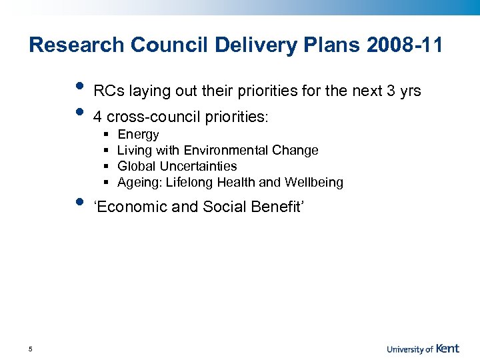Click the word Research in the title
[x=77, y=45]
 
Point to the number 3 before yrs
[x=391, y=91]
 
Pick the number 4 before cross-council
[x=98, y=117]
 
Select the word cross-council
[x=146, y=117]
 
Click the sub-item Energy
[x=138, y=135]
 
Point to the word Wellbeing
[x=314, y=183]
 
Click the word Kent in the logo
[x=448, y=348]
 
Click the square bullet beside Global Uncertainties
[x=107, y=167]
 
